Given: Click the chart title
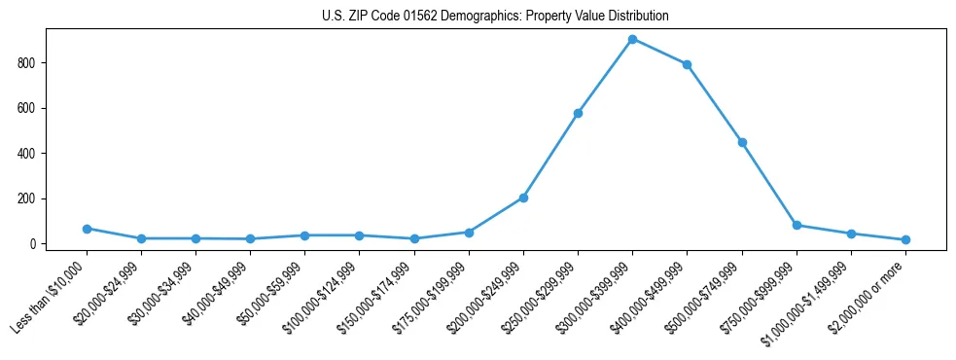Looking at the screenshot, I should pyautogui.click(x=495, y=17).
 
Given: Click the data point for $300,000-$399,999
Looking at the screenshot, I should pyautogui.click(x=632, y=39).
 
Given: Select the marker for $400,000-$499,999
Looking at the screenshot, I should pyautogui.click(x=687, y=64).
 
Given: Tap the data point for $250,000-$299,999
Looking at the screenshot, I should pyautogui.click(x=578, y=113).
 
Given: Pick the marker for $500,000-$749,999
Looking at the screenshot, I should pyautogui.click(x=742, y=142).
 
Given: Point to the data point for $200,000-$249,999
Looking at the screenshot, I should pyautogui.click(x=523, y=198).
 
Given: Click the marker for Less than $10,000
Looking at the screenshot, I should pyautogui.click(x=87, y=229).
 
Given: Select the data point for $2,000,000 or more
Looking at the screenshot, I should pyautogui.click(x=905, y=239).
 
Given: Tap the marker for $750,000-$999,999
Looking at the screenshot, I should pyautogui.click(x=797, y=225).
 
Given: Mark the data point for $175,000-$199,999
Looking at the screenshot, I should pyautogui.click(x=469, y=233).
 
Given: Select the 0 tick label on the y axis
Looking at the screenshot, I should pyautogui.click(x=33, y=244).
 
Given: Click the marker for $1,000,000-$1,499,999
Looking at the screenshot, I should pyautogui.click(x=851, y=234).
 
